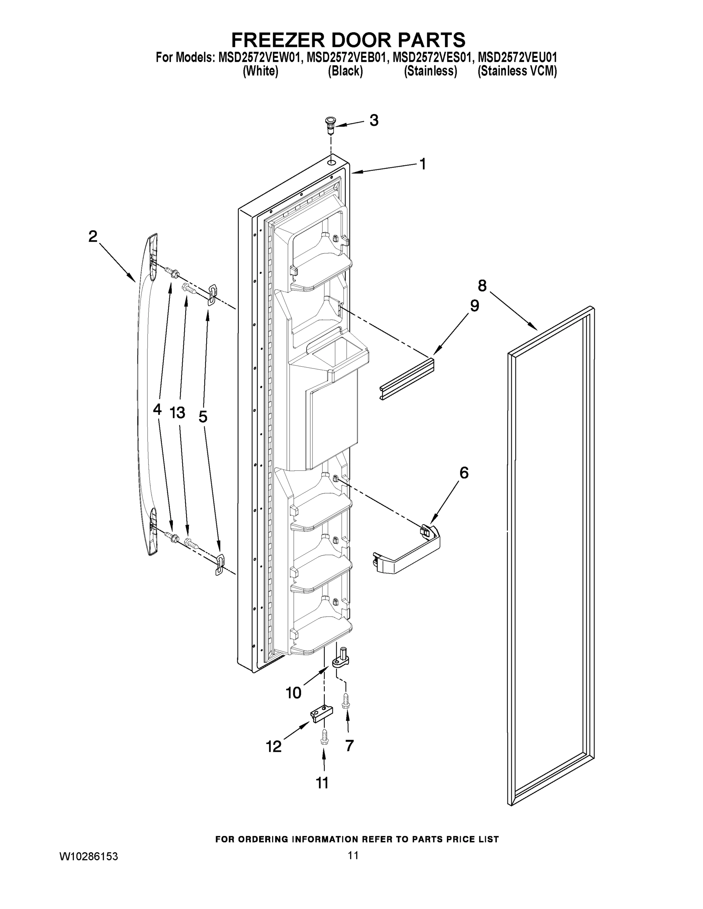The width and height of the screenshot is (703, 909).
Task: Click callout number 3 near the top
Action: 374,121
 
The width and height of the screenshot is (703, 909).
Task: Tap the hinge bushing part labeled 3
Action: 329,125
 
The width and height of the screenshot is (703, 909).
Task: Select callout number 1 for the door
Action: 423,164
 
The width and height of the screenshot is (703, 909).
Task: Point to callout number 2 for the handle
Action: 93,237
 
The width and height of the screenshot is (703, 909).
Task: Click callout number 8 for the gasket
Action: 482,286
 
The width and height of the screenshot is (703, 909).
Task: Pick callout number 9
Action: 474,306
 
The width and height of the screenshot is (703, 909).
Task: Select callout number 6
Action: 463,473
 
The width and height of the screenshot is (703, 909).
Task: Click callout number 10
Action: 293,693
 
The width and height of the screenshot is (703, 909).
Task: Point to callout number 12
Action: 274,747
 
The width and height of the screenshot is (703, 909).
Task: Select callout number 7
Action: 349,745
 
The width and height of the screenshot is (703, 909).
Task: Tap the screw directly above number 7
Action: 346,701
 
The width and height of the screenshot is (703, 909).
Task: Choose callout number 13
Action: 177,413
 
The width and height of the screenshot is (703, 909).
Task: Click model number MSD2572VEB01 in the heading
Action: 346,57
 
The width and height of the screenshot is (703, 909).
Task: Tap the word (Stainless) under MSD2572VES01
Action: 430,71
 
